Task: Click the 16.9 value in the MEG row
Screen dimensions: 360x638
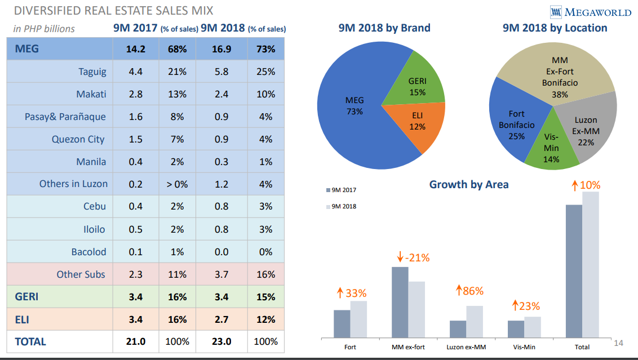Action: (221, 49)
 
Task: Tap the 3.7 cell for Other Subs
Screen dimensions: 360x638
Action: (221, 274)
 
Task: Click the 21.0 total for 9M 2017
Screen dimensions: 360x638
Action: (135, 341)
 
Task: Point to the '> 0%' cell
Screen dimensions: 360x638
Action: (177, 184)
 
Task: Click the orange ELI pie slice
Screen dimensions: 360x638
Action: (418, 121)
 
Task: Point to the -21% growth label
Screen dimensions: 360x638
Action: (414, 258)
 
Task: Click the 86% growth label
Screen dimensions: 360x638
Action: (470, 291)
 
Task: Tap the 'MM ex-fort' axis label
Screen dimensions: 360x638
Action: (408, 347)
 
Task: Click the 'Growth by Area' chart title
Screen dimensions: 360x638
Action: (469, 184)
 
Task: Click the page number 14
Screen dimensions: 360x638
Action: (619, 343)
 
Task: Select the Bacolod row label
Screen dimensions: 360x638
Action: (88, 252)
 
